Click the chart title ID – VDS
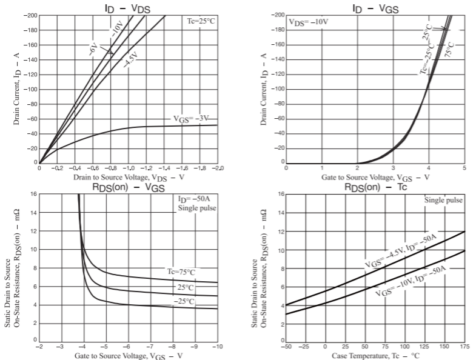tap(129, 7)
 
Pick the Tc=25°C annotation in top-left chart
tap(201, 21)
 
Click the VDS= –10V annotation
tap(308, 22)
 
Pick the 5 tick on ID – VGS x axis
tap(464, 167)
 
